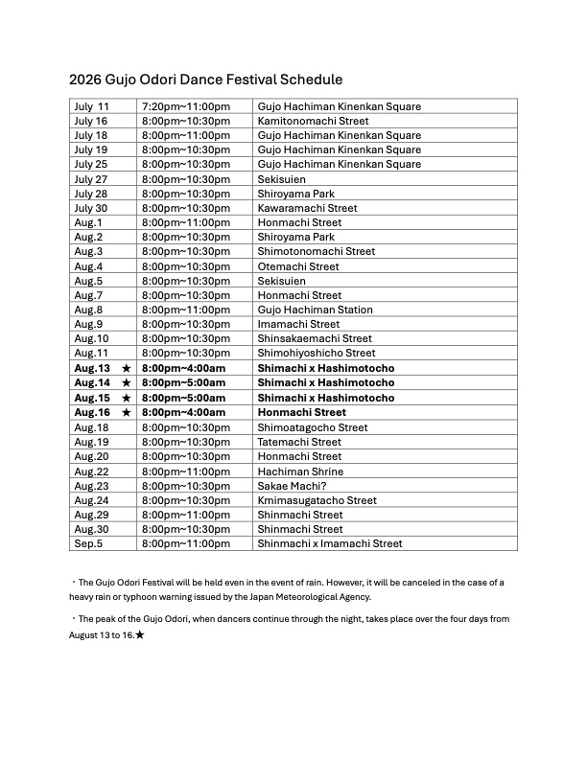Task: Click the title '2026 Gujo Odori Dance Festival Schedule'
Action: tap(205, 80)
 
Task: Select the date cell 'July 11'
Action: tap(92, 106)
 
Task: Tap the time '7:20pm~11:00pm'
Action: tap(186, 106)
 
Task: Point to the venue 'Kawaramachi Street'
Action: tap(307, 208)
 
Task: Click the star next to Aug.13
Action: tap(126, 369)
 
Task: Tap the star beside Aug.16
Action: tap(126, 412)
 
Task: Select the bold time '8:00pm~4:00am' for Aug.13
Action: tap(183, 369)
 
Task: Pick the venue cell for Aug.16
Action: tap(302, 412)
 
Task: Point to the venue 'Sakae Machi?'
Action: tap(292, 486)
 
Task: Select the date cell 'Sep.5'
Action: tap(88, 543)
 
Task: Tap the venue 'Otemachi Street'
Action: tap(298, 266)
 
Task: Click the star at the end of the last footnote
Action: tap(140, 634)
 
